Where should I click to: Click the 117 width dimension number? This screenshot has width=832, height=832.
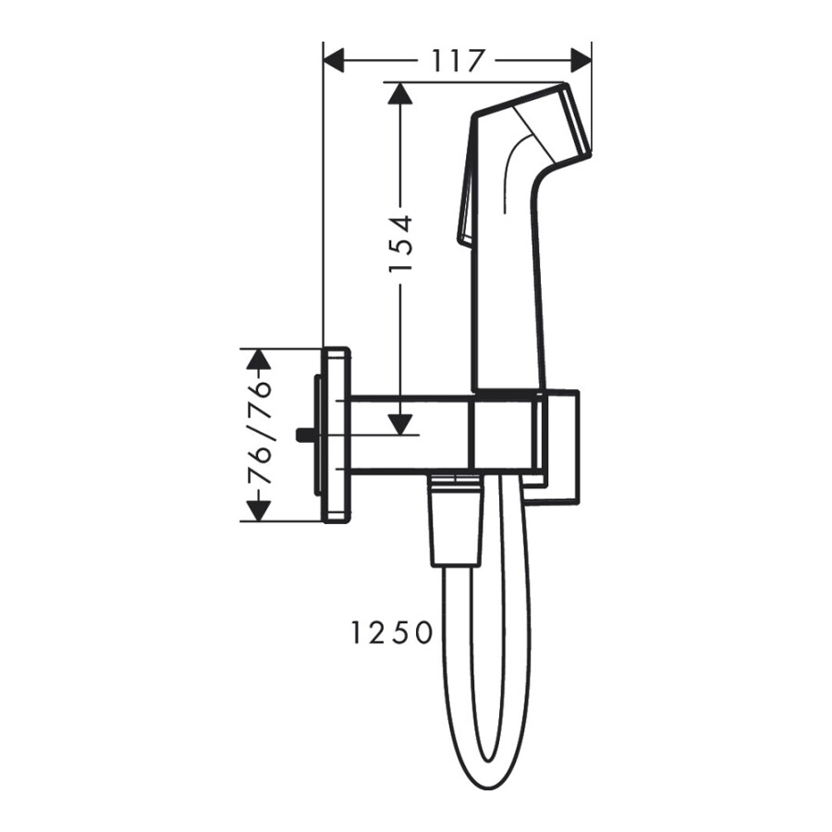pyautogui.click(x=458, y=62)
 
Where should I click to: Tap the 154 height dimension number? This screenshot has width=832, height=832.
pyautogui.click(x=399, y=244)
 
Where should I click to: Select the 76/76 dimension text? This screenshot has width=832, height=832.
pyautogui.click(x=262, y=434)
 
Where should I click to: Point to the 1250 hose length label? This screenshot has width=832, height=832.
pyautogui.click(x=392, y=633)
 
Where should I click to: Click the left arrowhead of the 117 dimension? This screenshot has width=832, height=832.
pyautogui.click(x=333, y=62)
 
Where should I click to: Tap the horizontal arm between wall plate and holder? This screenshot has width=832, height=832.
pyautogui.click(x=407, y=434)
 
